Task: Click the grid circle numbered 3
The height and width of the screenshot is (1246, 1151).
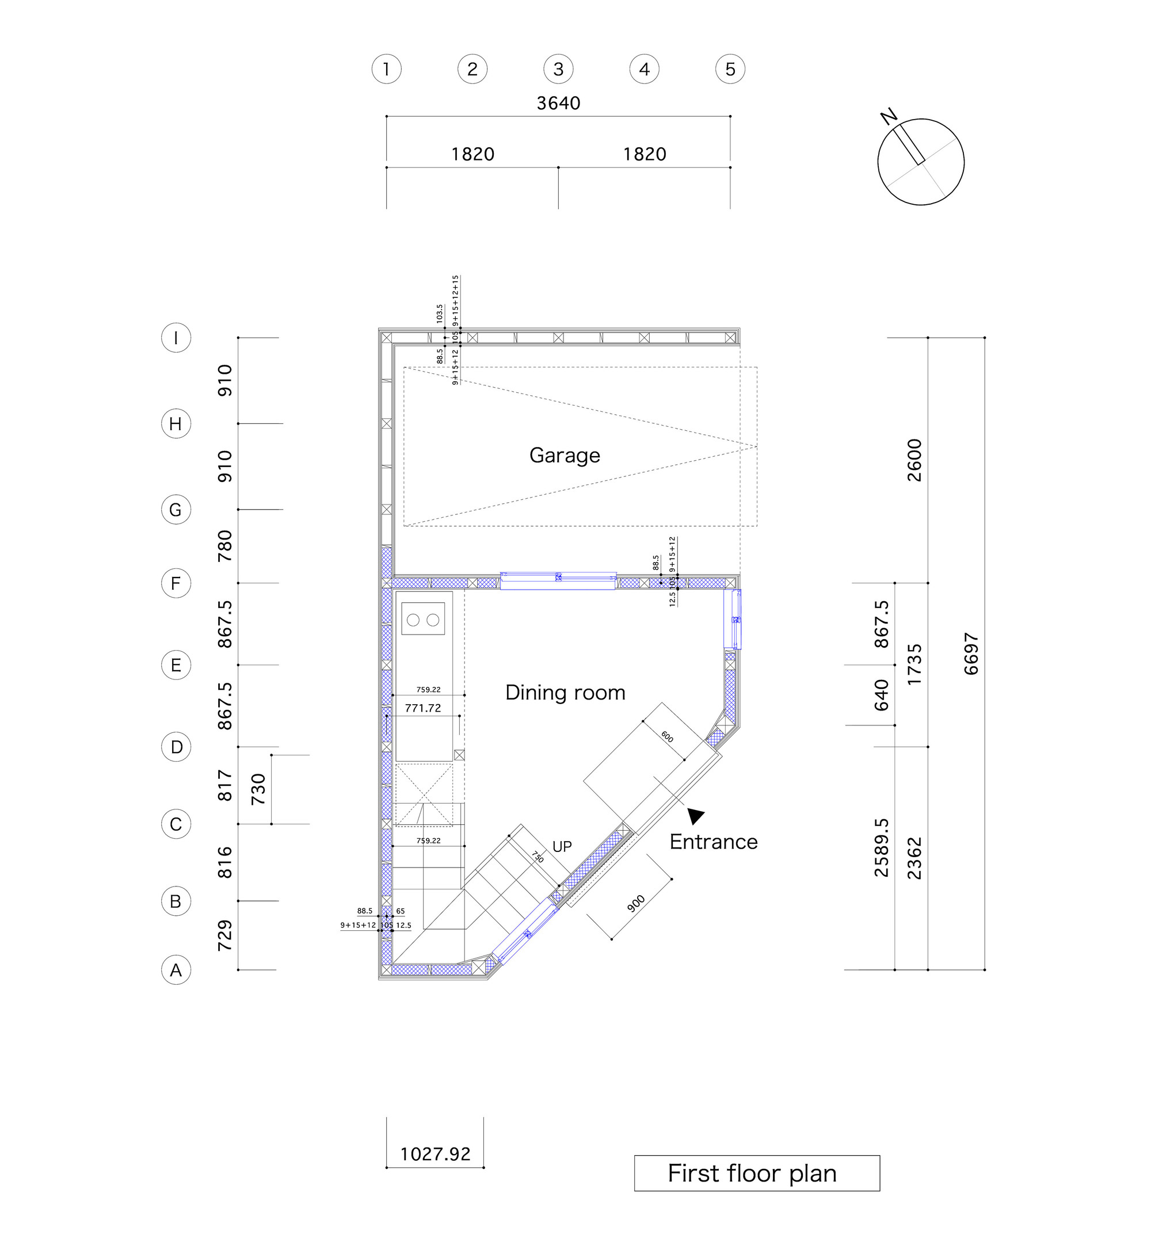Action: click(x=558, y=69)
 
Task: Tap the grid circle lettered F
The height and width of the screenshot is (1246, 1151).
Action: click(x=176, y=583)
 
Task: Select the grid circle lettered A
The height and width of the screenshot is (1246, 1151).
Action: click(x=176, y=969)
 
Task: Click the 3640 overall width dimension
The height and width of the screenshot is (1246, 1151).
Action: click(x=558, y=104)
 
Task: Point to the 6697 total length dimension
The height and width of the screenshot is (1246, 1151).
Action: click(x=971, y=654)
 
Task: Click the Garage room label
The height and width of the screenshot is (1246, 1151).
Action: click(x=565, y=455)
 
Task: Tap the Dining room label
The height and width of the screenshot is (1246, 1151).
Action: click(x=565, y=693)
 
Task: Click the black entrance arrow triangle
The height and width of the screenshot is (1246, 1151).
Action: click(x=696, y=815)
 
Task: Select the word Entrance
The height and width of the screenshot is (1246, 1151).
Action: click(x=713, y=842)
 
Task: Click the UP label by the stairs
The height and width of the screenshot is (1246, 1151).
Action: click(x=562, y=846)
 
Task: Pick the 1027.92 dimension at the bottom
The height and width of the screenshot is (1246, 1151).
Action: click(x=435, y=1154)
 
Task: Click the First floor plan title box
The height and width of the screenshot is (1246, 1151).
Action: click(x=756, y=1173)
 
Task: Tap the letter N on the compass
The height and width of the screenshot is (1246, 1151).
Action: click(x=888, y=116)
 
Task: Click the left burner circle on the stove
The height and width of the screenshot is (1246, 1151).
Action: click(x=413, y=620)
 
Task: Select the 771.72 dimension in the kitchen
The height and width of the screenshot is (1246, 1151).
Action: click(x=422, y=708)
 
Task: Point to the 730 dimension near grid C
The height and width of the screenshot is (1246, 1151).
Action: click(x=258, y=789)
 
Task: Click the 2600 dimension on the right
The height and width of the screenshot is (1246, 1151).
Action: click(x=914, y=460)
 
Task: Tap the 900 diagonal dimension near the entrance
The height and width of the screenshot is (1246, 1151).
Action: click(x=636, y=904)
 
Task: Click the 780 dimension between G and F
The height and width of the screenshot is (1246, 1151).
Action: click(x=224, y=546)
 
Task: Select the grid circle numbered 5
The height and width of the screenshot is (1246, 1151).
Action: click(x=730, y=69)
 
